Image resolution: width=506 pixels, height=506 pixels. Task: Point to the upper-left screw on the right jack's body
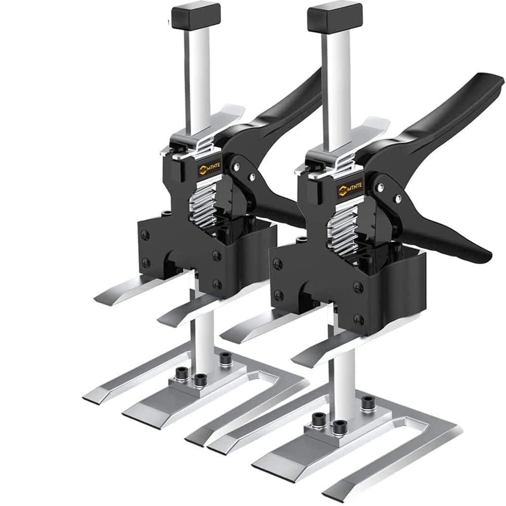click(x=277, y=263)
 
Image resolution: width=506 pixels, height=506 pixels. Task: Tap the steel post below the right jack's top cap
click(x=335, y=76)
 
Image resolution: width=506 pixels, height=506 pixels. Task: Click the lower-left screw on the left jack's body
click(x=146, y=262)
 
